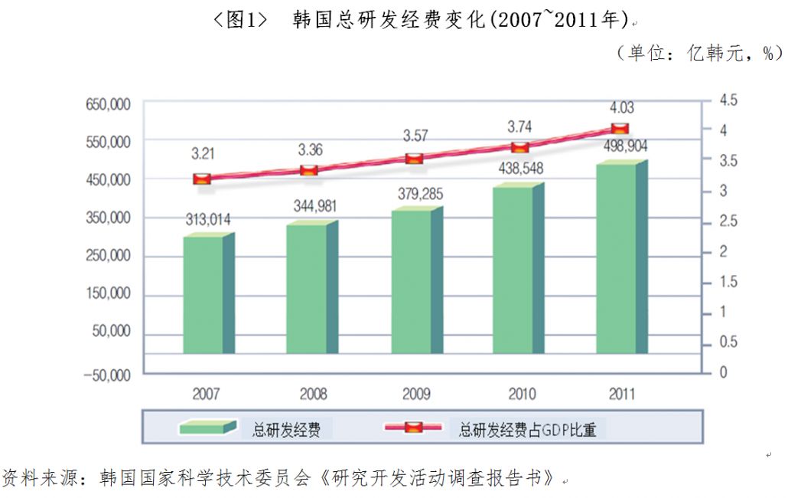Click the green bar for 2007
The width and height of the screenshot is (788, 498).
(203, 295)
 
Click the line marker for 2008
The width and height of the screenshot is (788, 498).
(308, 170)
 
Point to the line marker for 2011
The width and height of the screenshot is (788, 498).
(620, 128)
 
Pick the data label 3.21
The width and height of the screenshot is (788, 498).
(203, 154)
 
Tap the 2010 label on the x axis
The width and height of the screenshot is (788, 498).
(522, 395)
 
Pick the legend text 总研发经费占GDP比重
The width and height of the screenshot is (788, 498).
(527, 430)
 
